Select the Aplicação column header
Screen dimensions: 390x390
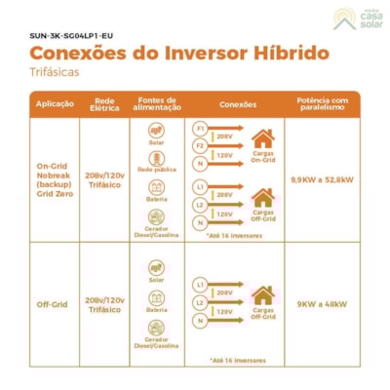tap(55, 103)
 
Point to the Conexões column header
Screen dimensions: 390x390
tap(238, 103)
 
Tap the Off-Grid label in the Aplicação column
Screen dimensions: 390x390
tap(55, 302)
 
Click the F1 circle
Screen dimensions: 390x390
tap(200, 128)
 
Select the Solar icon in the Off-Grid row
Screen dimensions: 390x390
tap(156, 268)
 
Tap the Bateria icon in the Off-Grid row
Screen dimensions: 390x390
tap(156, 297)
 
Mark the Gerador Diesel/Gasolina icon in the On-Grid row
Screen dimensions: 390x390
tap(156, 218)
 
